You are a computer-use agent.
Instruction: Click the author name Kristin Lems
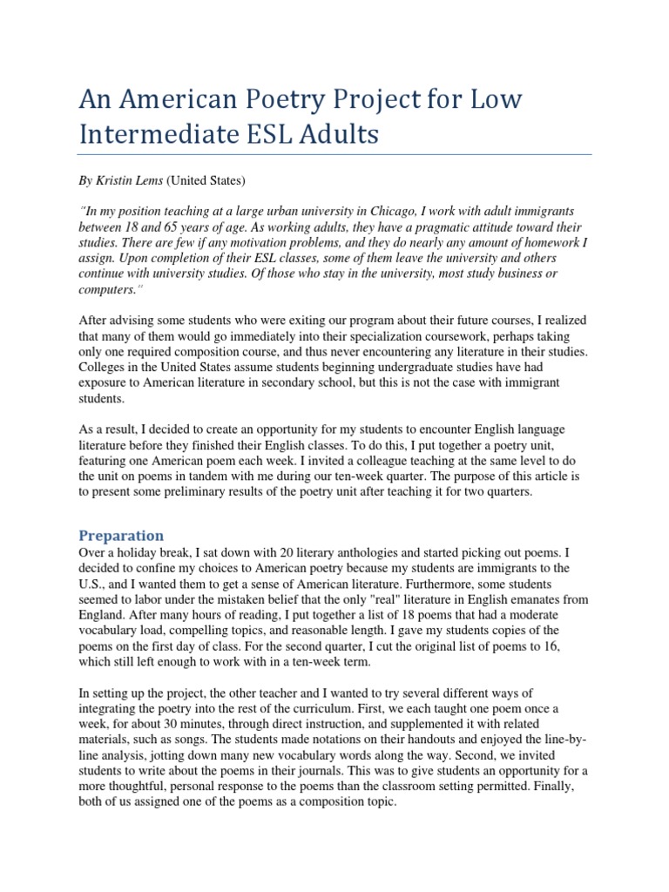(x=128, y=181)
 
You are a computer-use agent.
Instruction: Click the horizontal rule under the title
(x=335, y=155)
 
